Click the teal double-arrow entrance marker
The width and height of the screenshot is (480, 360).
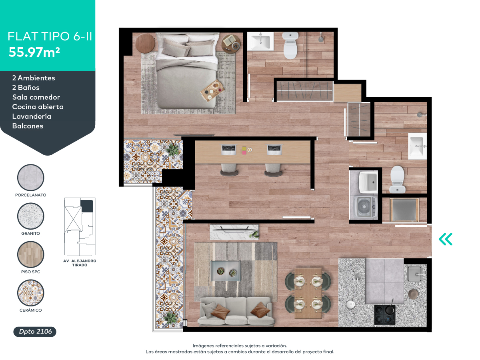[446, 239]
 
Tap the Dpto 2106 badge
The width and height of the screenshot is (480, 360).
[35, 331]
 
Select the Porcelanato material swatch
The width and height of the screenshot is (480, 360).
[31, 177]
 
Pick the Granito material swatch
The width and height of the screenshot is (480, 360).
[31, 216]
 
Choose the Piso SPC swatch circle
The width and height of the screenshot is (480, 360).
[31, 254]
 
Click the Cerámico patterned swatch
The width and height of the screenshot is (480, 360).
[31, 293]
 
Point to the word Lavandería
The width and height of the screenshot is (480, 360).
[32, 116]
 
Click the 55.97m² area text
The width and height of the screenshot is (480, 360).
[34, 52]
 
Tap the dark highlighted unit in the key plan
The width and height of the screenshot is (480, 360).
[87, 206]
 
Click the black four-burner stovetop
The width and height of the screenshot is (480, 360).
[385, 314]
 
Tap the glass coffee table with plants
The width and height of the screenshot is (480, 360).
[226, 271]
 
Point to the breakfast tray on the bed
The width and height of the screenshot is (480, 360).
[212, 90]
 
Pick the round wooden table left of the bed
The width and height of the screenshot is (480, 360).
[145, 43]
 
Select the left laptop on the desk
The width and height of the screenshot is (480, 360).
[228, 150]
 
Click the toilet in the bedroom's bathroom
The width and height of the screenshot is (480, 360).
[291, 46]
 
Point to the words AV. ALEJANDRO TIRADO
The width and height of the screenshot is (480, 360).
[80, 263]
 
